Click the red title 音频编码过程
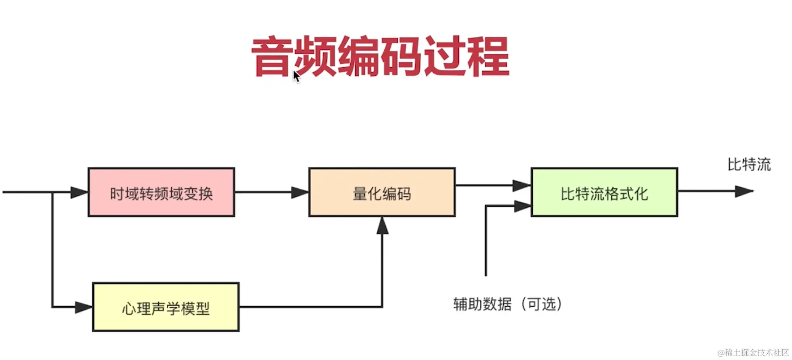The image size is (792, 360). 380,57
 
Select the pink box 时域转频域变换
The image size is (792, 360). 161,192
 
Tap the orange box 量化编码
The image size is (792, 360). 382,192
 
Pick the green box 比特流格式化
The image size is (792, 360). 604,192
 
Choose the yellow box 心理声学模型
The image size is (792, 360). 165,307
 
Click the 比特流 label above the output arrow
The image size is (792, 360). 748,165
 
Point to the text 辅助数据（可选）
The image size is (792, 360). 507,304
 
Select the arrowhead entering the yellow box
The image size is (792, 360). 84,307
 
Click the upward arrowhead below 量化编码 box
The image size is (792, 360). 382,226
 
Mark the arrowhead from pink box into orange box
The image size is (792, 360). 300,193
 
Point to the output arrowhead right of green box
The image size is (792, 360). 744,191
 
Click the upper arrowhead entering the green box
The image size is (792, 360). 522,185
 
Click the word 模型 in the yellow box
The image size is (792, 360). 195,308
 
